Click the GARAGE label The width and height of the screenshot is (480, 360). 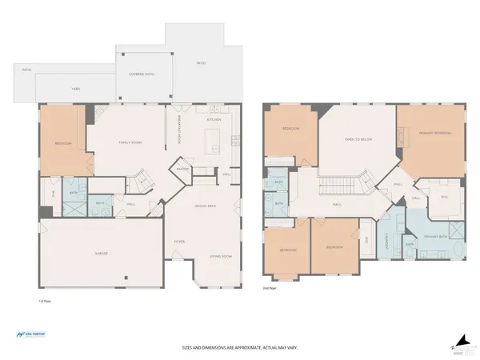coord(102,253)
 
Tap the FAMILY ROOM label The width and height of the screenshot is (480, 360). coord(130,142)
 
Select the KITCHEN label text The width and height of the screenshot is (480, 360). coord(214,119)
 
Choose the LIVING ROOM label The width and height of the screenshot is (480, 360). coord(220,257)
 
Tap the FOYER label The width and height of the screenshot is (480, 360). coord(180,240)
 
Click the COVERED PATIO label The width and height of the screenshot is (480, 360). coord(142,74)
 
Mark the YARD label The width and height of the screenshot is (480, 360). coord(76,89)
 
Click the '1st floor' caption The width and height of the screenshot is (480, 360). coord(45,301)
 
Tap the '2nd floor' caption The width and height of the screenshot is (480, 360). coord(270,287)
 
